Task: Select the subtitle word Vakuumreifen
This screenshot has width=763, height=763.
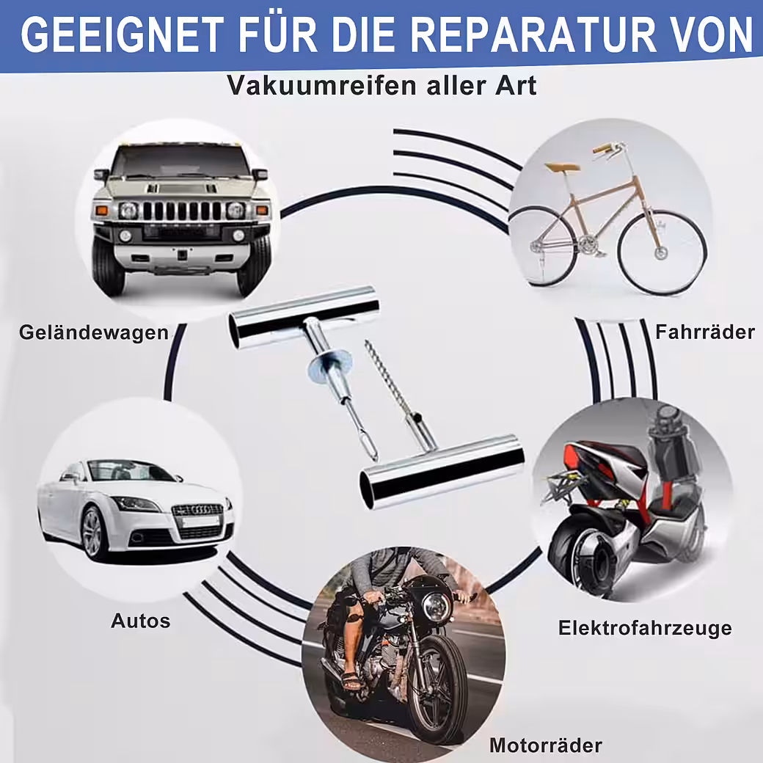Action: point(322,86)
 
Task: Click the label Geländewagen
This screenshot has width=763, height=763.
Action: point(94,333)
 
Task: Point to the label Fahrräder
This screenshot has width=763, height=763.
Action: point(704,332)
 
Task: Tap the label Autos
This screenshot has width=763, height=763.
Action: point(141,621)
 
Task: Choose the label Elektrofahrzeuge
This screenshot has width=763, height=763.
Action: point(645,628)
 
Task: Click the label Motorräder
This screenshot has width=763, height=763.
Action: point(546,745)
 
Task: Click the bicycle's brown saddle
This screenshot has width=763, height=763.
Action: point(562,167)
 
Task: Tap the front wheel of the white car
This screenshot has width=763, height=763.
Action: point(96,533)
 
